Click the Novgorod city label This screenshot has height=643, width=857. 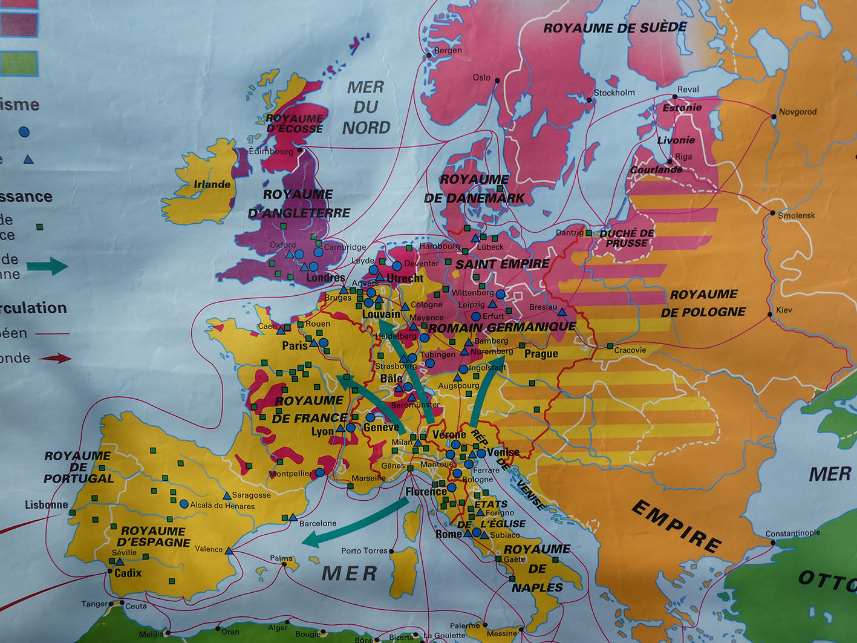tap(797, 112)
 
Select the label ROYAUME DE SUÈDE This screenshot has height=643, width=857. tap(614, 28)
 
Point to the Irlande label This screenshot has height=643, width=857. tap(212, 184)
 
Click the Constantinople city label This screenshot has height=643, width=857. tap(792, 533)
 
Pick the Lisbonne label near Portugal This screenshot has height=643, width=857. tap(46, 504)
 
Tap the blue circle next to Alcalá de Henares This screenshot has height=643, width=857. tap(184, 504)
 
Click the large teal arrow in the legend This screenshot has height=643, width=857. tap(48, 266)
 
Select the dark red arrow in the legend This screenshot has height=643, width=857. tap(55, 358)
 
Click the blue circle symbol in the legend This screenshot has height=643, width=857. tap(24, 131)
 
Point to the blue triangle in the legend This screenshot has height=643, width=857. tap(28, 160)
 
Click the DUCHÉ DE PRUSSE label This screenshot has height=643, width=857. tap(627, 238)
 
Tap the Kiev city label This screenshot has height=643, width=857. tap(784, 310)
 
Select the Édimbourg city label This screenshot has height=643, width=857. tap(270, 151)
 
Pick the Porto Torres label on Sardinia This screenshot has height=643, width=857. tap(364, 550)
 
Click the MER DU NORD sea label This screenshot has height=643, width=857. tap(365, 107)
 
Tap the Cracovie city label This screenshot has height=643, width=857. tap(630, 350)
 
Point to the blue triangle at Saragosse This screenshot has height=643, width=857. tap(227, 495)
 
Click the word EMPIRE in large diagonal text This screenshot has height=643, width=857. tap(676, 526)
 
